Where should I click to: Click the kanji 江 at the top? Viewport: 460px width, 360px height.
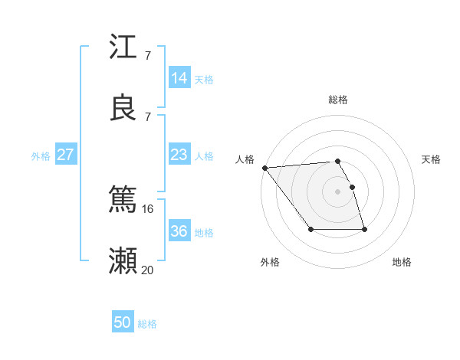[123, 47]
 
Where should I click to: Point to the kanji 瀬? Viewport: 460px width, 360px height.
[123, 260]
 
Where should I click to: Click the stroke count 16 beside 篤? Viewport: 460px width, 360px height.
[147, 208]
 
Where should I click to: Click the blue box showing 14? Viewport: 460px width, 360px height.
[179, 78]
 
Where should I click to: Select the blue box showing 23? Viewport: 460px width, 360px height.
[179, 155]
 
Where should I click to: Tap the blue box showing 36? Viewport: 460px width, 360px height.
[179, 231]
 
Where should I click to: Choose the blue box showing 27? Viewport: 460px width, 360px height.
[66, 155]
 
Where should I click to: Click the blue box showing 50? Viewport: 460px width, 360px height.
[123, 322]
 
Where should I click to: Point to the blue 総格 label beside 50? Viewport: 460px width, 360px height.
[147, 324]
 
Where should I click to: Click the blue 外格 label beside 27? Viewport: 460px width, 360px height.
[41, 156]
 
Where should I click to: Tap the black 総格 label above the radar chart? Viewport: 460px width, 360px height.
[338, 100]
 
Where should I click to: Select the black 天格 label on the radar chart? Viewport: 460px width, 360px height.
[432, 159]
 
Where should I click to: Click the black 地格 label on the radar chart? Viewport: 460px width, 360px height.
[402, 262]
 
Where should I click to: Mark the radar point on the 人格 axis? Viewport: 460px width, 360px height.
[264, 168]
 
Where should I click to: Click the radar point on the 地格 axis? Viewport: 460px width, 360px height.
[364, 230]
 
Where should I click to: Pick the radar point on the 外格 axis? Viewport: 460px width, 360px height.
[310, 230]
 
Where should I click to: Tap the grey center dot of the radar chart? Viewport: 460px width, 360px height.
[337, 191]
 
